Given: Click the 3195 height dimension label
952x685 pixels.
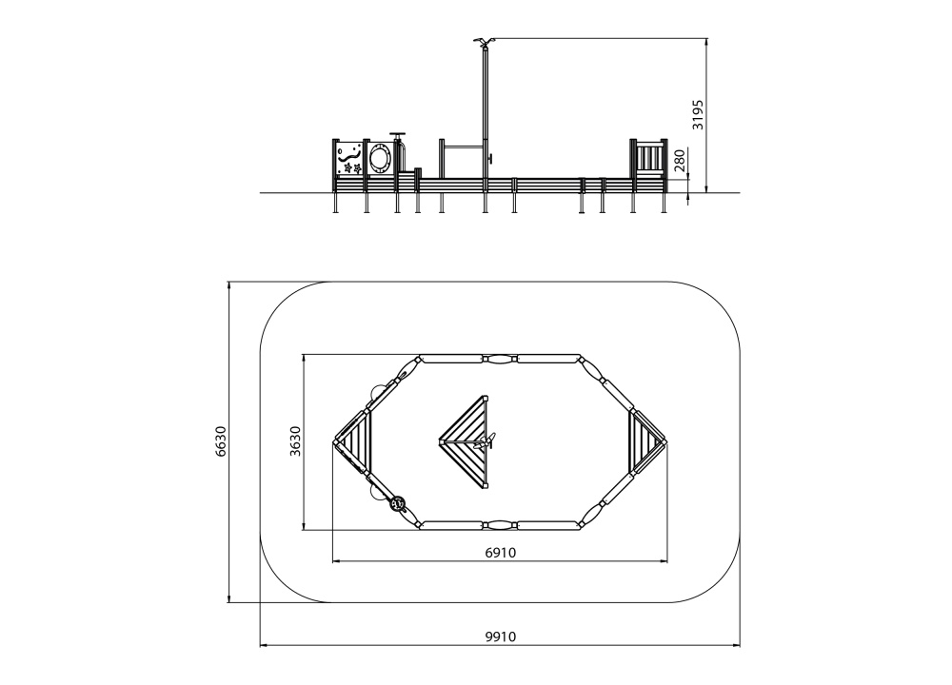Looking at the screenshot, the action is [x=698, y=115].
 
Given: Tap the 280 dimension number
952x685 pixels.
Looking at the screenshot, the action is [x=680, y=161].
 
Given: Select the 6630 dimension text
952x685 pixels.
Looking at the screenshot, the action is [x=222, y=441].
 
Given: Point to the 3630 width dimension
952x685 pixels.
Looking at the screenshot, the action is [x=295, y=441].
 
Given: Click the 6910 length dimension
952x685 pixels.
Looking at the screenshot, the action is [x=501, y=552].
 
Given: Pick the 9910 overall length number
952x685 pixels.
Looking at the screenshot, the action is [x=501, y=636].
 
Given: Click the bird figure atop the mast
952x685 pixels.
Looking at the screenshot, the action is [x=484, y=42].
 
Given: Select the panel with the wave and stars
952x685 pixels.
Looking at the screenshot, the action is [x=348, y=158].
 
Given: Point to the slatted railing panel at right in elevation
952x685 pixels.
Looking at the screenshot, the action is [x=648, y=158].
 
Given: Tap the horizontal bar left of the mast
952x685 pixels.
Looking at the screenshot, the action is [x=464, y=147].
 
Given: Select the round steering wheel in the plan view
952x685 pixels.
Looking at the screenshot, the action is [x=398, y=503].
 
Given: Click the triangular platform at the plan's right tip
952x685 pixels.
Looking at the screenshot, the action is [x=645, y=441].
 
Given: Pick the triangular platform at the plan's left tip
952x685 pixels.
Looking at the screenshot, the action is [x=354, y=441].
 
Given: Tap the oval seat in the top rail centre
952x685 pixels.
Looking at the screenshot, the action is [x=501, y=359].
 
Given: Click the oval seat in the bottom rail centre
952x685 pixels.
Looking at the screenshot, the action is [x=501, y=525].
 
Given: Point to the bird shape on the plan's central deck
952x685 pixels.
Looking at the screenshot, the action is [x=486, y=441].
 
